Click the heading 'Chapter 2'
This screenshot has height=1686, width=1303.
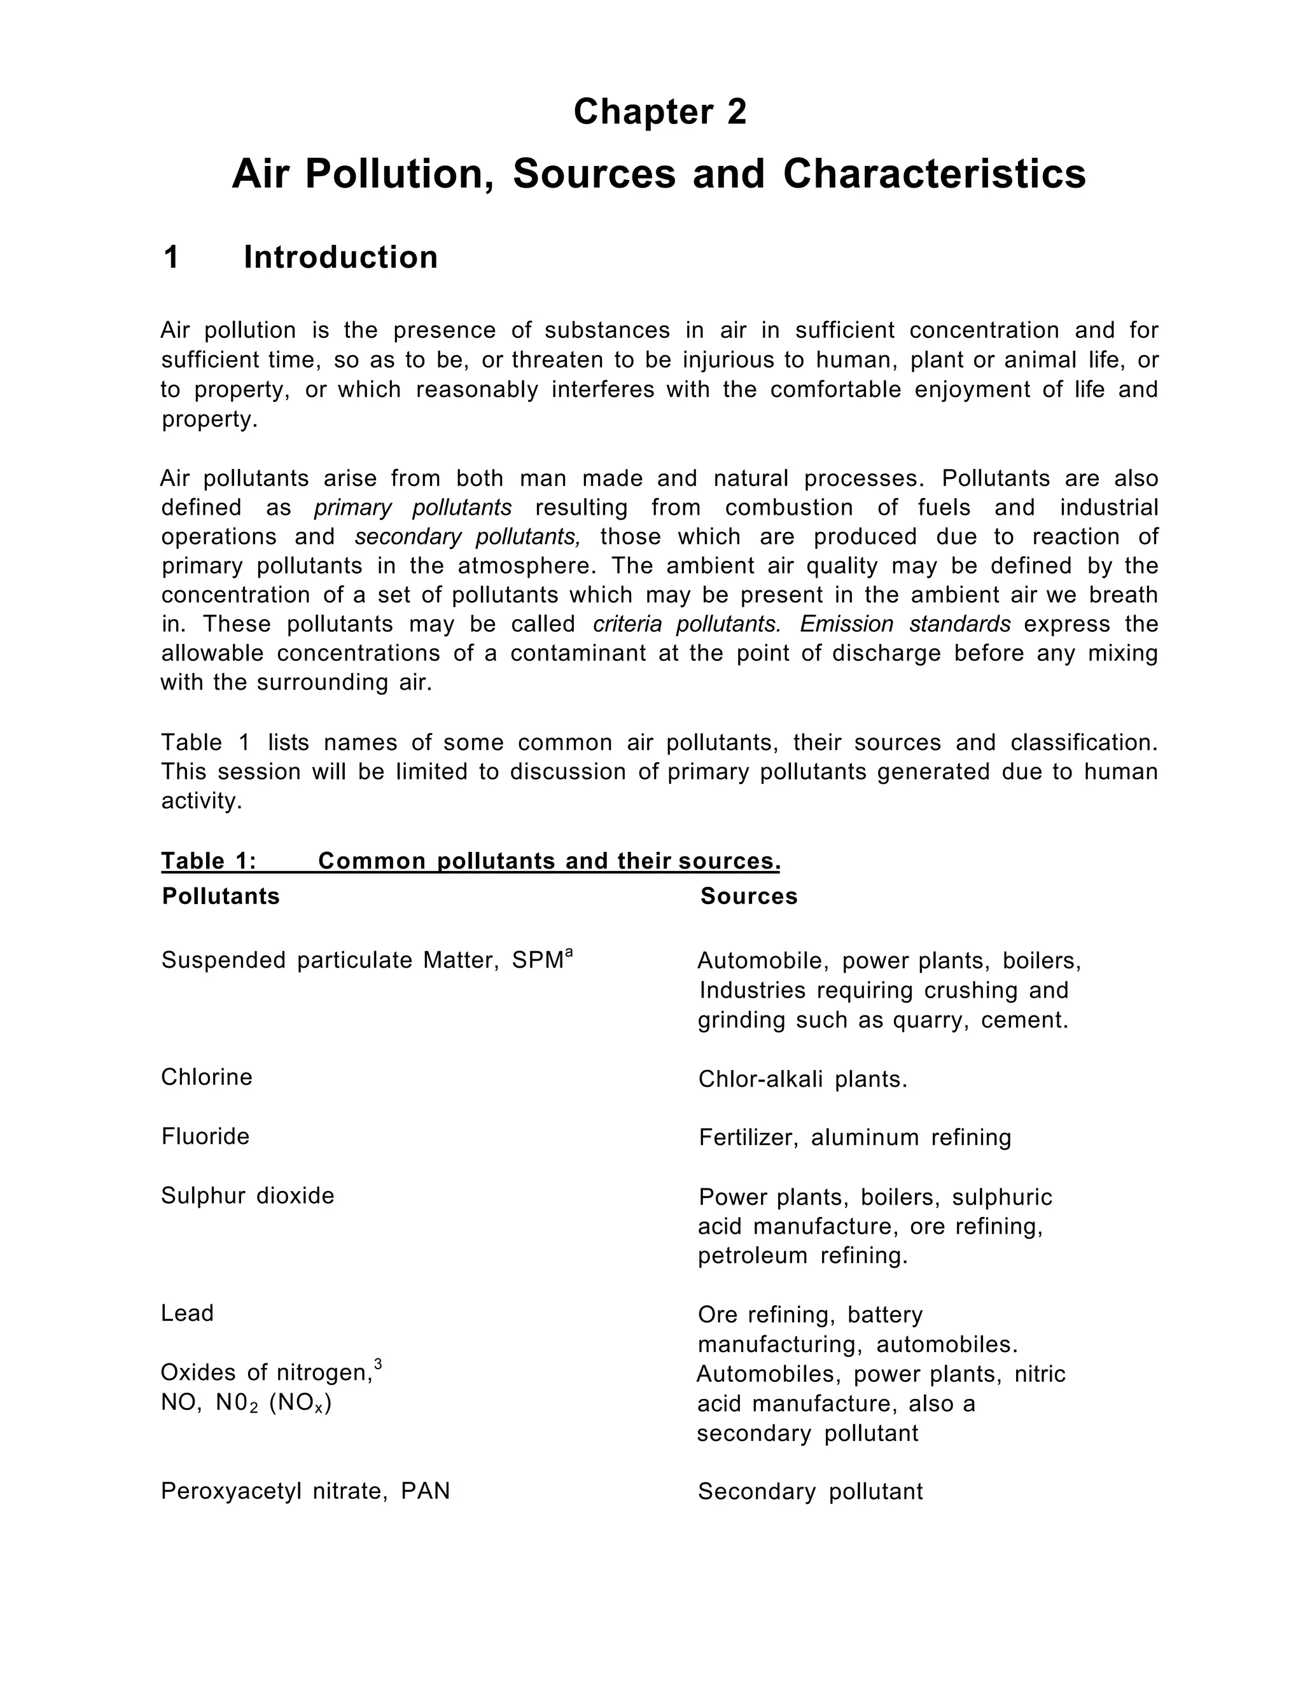pyautogui.click(x=660, y=112)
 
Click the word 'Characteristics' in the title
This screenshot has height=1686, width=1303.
pyautogui.click(x=934, y=174)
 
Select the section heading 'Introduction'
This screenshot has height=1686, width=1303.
pyautogui.click(x=340, y=257)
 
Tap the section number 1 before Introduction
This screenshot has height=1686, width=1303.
pyautogui.click(x=171, y=257)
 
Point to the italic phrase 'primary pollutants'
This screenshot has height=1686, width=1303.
pyautogui.click(x=413, y=508)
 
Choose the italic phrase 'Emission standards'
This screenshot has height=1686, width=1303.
pyautogui.click(x=905, y=624)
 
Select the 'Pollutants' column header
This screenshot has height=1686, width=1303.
pyautogui.click(x=221, y=896)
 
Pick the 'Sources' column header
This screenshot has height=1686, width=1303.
pyautogui.click(x=749, y=896)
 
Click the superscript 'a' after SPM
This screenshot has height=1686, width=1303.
pyautogui.click(x=569, y=952)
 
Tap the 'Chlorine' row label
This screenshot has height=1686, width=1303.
pyautogui.click(x=207, y=1077)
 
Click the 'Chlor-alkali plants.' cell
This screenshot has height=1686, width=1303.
pyautogui.click(x=803, y=1079)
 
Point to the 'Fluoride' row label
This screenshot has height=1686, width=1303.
pyautogui.click(x=206, y=1136)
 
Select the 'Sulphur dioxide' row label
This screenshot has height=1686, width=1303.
pyautogui.click(x=247, y=1196)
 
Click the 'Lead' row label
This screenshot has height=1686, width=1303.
pyautogui.click(x=188, y=1313)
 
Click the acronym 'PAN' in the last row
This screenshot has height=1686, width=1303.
pyautogui.click(x=426, y=1491)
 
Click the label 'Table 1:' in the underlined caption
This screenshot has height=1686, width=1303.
pyautogui.click(x=209, y=861)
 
